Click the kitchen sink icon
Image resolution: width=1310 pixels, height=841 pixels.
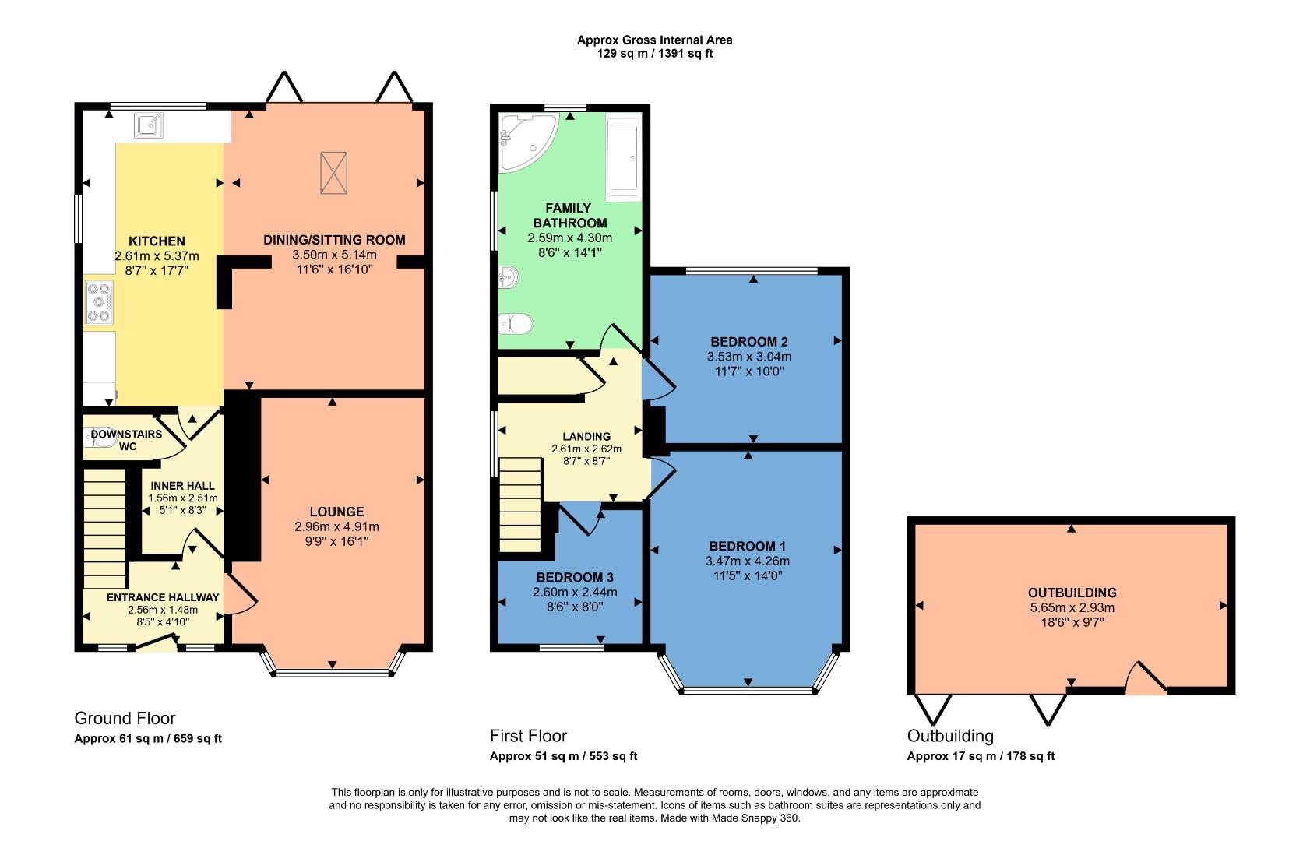148,125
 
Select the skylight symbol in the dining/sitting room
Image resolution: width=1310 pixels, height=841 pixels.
333,173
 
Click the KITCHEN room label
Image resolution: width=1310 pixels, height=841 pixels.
157,241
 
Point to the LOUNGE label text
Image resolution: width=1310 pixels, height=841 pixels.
336,512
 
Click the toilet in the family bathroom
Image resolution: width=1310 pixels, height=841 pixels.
515,322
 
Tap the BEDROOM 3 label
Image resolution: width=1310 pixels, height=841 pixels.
575,577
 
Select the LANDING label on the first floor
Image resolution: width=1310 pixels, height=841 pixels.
586,436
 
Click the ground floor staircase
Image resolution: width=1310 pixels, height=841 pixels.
104,527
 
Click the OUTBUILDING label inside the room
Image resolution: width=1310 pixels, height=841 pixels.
1072,593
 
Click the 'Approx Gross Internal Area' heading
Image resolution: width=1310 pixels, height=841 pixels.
654,40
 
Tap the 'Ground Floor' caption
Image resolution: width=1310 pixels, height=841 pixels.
125,718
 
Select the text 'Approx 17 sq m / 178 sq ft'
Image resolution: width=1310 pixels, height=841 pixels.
981,756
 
